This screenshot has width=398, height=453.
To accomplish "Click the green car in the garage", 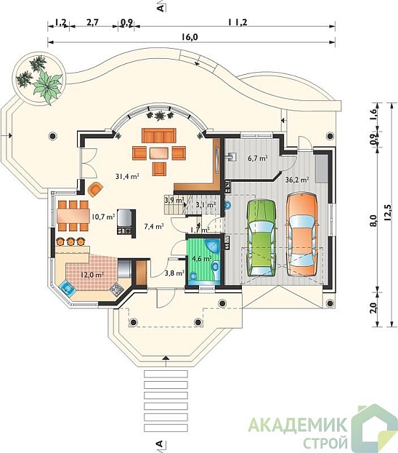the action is pyautogui.click(x=261, y=238).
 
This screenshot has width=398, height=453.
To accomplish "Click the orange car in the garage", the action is pyautogui.click(x=302, y=236).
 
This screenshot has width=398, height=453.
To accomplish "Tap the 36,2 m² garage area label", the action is pyautogui.click(x=297, y=180).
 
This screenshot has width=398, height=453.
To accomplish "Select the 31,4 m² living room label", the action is pyautogui.click(x=128, y=176).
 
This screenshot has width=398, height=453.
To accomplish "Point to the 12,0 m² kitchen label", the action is pyautogui.click(x=92, y=275).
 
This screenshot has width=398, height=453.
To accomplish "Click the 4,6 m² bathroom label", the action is pyautogui.click(x=202, y=259).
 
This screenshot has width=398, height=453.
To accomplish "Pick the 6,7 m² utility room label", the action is pyautogui.click(x=257, y=158).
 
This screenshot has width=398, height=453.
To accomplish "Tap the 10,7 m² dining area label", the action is pyautogui.click(x=104, y=216).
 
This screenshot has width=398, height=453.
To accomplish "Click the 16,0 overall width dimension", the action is pyautogui.click(x=190, y=36).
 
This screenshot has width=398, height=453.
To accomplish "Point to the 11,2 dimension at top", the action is pyautogui.click(x=237, y=22).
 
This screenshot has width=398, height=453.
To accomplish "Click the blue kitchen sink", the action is pyautogui.click(x=68, y=288).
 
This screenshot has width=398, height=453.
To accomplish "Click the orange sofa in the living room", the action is pyautogui.click(x=159, y=135).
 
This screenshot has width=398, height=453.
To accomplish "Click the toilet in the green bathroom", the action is pyautogui.click(x=192, y=276).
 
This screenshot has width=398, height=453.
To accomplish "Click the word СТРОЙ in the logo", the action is pyautogui.click(x=325, y=442).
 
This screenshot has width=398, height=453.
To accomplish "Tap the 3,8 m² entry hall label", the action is pyautogui.click(x=174, y=273).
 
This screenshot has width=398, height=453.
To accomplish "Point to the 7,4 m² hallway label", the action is pyautogui.click(x=154, y=227).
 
